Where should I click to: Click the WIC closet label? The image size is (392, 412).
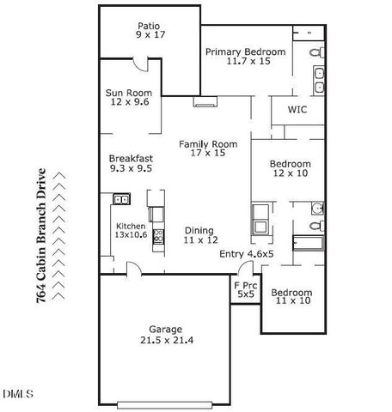[297, 111]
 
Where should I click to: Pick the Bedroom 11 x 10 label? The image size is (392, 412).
[294, 297]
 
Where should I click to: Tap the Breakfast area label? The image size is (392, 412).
[131, 163]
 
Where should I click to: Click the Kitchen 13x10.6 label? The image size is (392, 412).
[132, 232]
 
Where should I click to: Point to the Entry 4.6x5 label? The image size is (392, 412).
[246, 254]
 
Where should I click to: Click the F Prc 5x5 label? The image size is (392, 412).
[246, 289]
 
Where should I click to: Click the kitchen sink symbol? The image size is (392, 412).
[121, 200]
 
